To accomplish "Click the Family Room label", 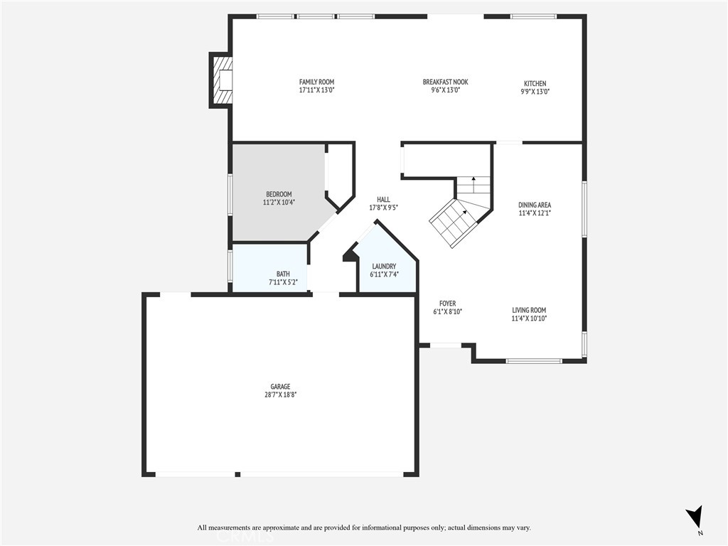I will coord(316,82).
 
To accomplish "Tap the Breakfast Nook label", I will coord(445,82).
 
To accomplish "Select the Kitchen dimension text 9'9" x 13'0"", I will coord(535,91).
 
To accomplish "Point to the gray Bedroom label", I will coord(279,194).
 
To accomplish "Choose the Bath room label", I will coord(283,274).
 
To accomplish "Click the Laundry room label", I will coord(383,266).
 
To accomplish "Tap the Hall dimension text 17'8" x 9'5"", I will coord(383,208).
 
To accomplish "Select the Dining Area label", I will coord(534,205).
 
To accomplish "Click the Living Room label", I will coord(529,310).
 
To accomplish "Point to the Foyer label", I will coord(447,304).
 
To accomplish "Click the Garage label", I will coord(279,387).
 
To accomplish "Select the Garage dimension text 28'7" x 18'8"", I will coord(279,395).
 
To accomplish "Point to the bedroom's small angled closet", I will coord(341,174).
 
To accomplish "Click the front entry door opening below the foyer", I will coord(446,346).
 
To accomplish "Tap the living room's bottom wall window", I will coord(534,361).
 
